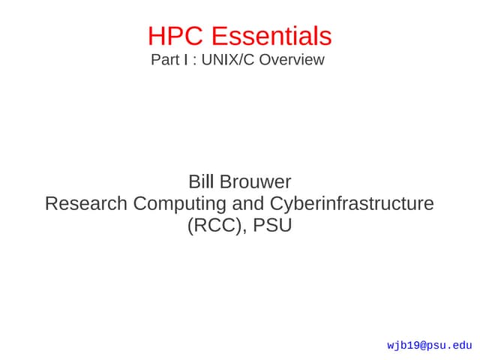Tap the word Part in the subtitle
pos(163,60)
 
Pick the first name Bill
pos(200,181)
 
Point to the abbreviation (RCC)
pos(212,225)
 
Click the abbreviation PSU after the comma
pos(272,225)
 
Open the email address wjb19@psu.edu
pos(429,346)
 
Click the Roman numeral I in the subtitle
pos(184,60)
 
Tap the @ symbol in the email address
pos(423,346)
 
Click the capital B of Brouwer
pos(225,181)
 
